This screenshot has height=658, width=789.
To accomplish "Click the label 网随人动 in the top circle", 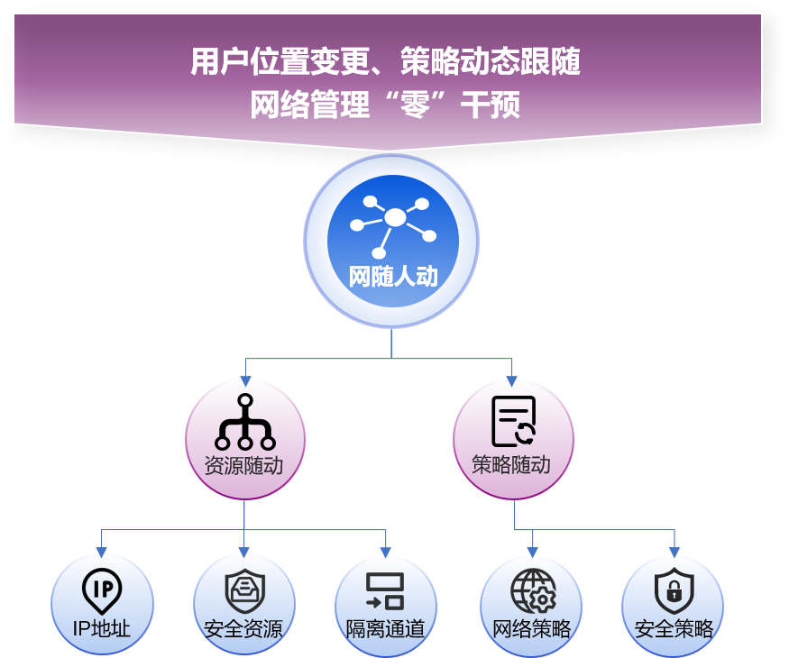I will click(x=393, y=277).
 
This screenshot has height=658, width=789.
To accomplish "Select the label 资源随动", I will click(x=243, y=466).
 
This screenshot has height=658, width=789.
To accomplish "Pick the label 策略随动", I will click(x=511, y=465).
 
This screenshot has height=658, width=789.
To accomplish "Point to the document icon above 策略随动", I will click(x=513, y=421).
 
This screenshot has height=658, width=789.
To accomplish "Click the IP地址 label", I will click(x=102, y=628).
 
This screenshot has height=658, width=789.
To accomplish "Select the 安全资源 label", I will click(x=243, y=628).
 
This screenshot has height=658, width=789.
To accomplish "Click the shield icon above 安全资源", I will click(x=245, y=591).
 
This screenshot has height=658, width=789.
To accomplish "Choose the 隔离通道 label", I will click(x=385, y=628).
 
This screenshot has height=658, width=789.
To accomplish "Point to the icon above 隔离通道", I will click(x=385, y=591).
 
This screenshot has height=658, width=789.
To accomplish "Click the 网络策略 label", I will click(x=531, y=628).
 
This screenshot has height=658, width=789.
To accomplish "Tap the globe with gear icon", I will click(x=533, y=591).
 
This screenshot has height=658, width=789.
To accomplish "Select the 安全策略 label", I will click(x=674, y=628).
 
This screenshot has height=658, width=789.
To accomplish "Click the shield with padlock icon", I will click(x=674, y=591).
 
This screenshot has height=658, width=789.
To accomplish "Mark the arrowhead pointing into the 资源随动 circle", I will click(x=245, y=382).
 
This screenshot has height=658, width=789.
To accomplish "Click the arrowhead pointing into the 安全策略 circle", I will click(x=674, y=552).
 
